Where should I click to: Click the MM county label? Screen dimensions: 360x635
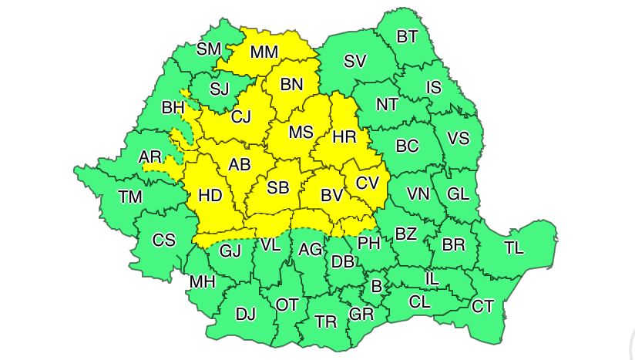[x=264, y=53]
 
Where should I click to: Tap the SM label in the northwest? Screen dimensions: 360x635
[x=208, y=49]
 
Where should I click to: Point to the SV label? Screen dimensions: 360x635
[x=354, y=62]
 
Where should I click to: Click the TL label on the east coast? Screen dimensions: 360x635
[x=514, y=247]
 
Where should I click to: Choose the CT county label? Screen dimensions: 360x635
[x=482, y=307]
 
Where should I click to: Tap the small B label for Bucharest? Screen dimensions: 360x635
[x=376, y=287]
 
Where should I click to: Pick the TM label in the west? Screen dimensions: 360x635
[x=130, y=197]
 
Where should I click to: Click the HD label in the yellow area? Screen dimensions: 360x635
[x=210, y=196]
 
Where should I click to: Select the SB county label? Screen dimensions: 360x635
[x=278, y=187]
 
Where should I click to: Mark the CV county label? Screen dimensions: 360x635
[x=367, y=183]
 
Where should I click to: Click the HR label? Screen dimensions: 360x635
[x=344, y=139]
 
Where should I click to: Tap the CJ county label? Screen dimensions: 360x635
[x=241, y=116]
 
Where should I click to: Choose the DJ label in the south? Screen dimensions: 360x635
[x=245, y=314]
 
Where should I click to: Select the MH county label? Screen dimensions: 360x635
[x=202, y=282]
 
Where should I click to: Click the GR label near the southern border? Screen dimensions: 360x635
[x=361, y=314]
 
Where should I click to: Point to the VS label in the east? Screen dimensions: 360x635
[x=458, y=140]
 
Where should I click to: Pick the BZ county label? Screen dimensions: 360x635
[x=405, y=233]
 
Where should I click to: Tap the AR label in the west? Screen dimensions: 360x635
[x=150, y=157]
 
